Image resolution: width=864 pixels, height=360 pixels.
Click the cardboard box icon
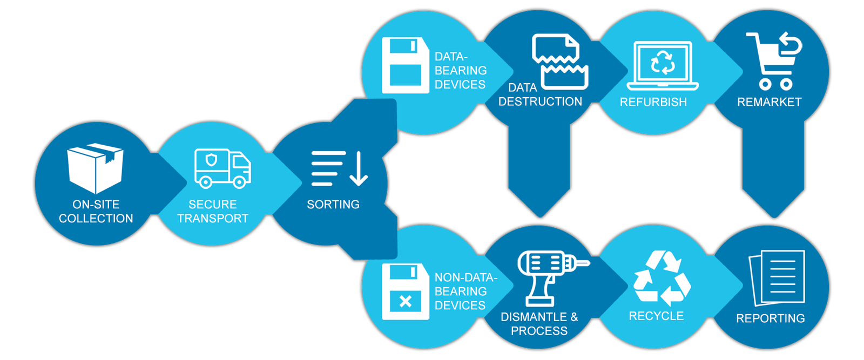pos(95,168)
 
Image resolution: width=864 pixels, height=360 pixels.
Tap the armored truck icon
pos(222,168)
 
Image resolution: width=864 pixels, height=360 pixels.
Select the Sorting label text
pos(333,205)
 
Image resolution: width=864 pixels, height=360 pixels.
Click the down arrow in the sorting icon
pos(359,169)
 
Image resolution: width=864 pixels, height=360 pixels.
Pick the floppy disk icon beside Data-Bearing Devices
pos(405,65)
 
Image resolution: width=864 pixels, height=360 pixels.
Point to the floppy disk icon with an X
pos(405,291)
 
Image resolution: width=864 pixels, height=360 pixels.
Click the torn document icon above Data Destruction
pos(560,61)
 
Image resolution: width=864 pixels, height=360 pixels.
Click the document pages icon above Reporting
pos(777,277)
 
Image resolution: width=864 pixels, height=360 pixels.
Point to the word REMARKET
pos(769,102)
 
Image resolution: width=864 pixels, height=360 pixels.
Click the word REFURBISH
pos(653,102)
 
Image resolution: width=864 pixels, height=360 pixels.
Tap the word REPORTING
pos(770,318)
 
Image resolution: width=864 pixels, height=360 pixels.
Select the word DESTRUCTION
pos(540,101)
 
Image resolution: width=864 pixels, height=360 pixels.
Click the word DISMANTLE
pos(534,317)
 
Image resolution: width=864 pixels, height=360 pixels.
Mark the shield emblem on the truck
pos(211,160)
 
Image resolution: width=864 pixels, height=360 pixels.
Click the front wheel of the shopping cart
pos(765,84)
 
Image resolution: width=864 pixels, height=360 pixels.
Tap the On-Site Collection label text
pos(96,211)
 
